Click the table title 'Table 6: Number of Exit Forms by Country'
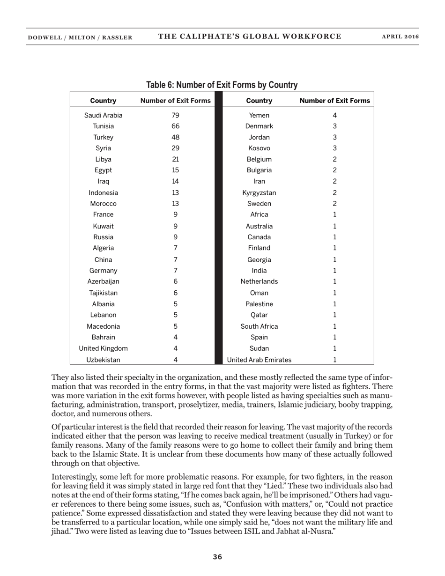click(x=222, y=85)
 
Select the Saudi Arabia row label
click(x=103, y=115)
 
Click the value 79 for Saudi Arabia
click(x=175, y=115)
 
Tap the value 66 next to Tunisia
click(x=175, y=126)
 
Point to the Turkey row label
click(x=103, y=137)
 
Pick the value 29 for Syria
click(x=175, y=148)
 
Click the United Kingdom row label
click(x=103, y=348)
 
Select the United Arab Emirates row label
click(x=259, y=360)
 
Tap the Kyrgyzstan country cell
click(x=259, y=193)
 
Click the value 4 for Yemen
click(x=334, y=115)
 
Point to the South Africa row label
click(x=259, y=326)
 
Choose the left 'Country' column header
click(x=103, y=101)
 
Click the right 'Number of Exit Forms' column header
click(x=334, y=101)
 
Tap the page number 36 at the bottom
click(x=217, y=557)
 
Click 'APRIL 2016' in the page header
click(x=400, y=37)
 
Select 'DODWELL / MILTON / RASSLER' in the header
click(x=80, y=37)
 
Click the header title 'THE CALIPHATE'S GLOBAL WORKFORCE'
click(x=250, y=37)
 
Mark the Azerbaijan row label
click(x=103, y=281)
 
